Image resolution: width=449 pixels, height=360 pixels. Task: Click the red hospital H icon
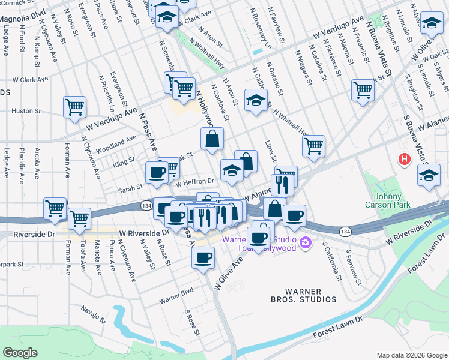click(x=405, y=159)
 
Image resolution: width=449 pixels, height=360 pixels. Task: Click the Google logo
click(x=20, y=353)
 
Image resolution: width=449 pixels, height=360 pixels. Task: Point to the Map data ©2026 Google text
click(x=411, y=355)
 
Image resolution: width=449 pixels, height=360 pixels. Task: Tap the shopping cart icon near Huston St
click(x=74, y=108)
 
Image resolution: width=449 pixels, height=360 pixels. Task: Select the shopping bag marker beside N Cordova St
click(x=212, y=139)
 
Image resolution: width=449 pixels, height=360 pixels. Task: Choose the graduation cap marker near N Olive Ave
click(x=430, y=23)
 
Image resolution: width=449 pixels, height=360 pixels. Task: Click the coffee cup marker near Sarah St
click(x=157, y=173)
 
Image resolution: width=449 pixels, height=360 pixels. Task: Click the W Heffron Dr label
click(x=195, y=181)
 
